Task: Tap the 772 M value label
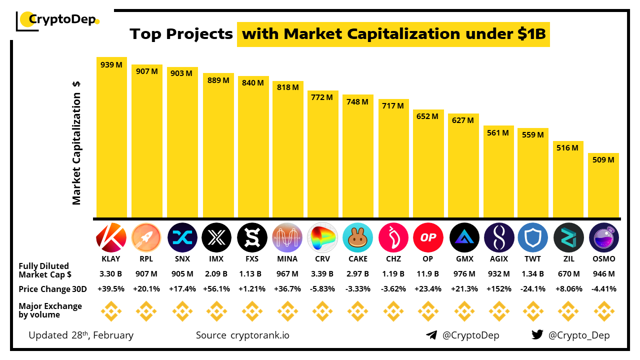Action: point(322,97)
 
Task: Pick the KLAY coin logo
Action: point(111,237)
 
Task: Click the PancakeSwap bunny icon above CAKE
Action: point(357,237)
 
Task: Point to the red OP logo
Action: point(428,237)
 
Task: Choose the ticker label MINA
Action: point(287,259)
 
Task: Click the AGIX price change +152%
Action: point(498,289)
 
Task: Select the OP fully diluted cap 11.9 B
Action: point(428,274)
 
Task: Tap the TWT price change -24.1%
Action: point(533,289)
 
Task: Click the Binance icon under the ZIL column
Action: point(568,311)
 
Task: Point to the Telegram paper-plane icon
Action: point(431,335)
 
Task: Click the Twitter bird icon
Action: point(537,335)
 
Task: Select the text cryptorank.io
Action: point(259,335)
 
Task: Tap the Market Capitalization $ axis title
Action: point(76,142)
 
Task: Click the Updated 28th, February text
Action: point(81,335)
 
